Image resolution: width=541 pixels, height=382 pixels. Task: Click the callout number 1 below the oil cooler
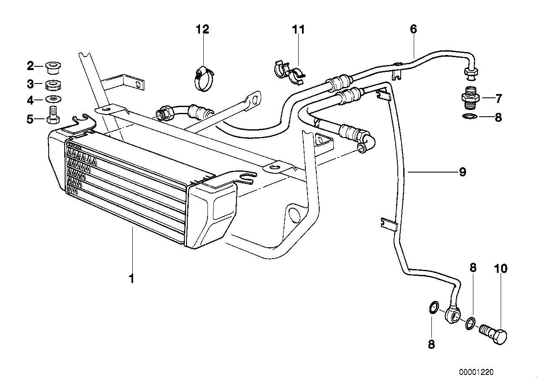click(x=131, y=278)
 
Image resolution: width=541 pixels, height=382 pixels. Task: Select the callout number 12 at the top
click(x=202, y=29)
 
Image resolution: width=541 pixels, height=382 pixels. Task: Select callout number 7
click(x=498, y=99)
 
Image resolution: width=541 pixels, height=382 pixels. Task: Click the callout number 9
click(x=462, y=172)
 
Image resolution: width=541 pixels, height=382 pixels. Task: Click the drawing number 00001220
click(x=476, y=372)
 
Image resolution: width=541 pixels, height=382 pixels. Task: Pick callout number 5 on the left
click(x=30, y=119)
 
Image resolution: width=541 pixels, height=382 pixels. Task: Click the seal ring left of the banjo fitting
click(x=433, y=309)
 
